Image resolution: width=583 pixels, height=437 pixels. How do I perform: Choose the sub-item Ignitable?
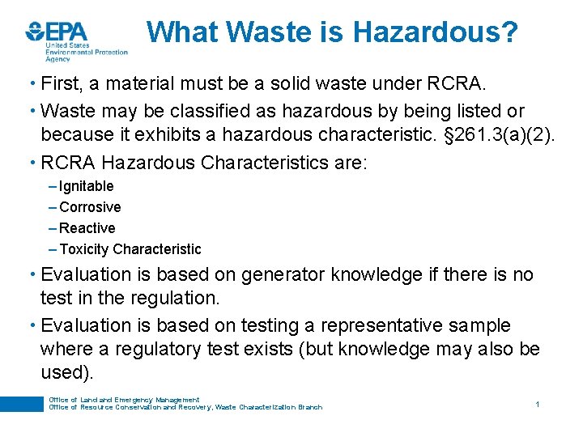coord(86,186)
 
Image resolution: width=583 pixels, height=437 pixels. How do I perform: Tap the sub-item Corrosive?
coord(90,207)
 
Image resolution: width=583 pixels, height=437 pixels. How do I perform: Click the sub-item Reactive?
coord(87,228)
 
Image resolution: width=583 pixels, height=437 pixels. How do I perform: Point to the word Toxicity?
coord(84,249)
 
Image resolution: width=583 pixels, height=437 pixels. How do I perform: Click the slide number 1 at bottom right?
coord(537,403)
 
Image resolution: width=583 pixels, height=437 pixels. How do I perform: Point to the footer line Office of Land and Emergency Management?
coord(124,400)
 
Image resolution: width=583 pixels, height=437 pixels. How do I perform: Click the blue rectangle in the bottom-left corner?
coord(21,404)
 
